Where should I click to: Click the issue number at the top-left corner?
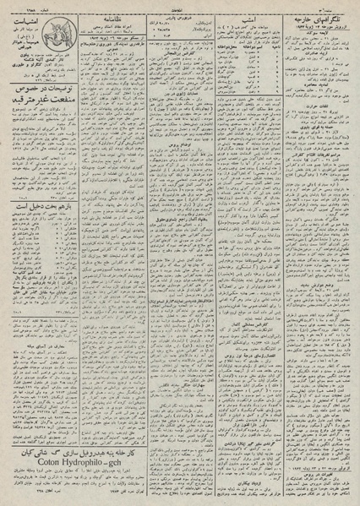click(x=20, y=4)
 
